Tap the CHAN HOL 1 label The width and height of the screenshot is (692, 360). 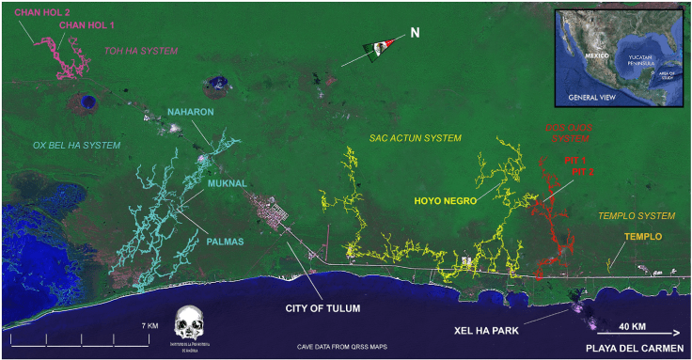click(87, 25)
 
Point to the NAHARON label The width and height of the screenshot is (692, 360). click(192, 112)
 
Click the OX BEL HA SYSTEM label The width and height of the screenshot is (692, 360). click(77, 145)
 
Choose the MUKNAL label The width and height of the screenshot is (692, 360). click(227, 183)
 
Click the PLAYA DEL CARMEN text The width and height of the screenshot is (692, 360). click(632, 349)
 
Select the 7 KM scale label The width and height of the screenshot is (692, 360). click(149, 325)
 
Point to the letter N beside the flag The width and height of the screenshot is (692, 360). click(414, 33)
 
